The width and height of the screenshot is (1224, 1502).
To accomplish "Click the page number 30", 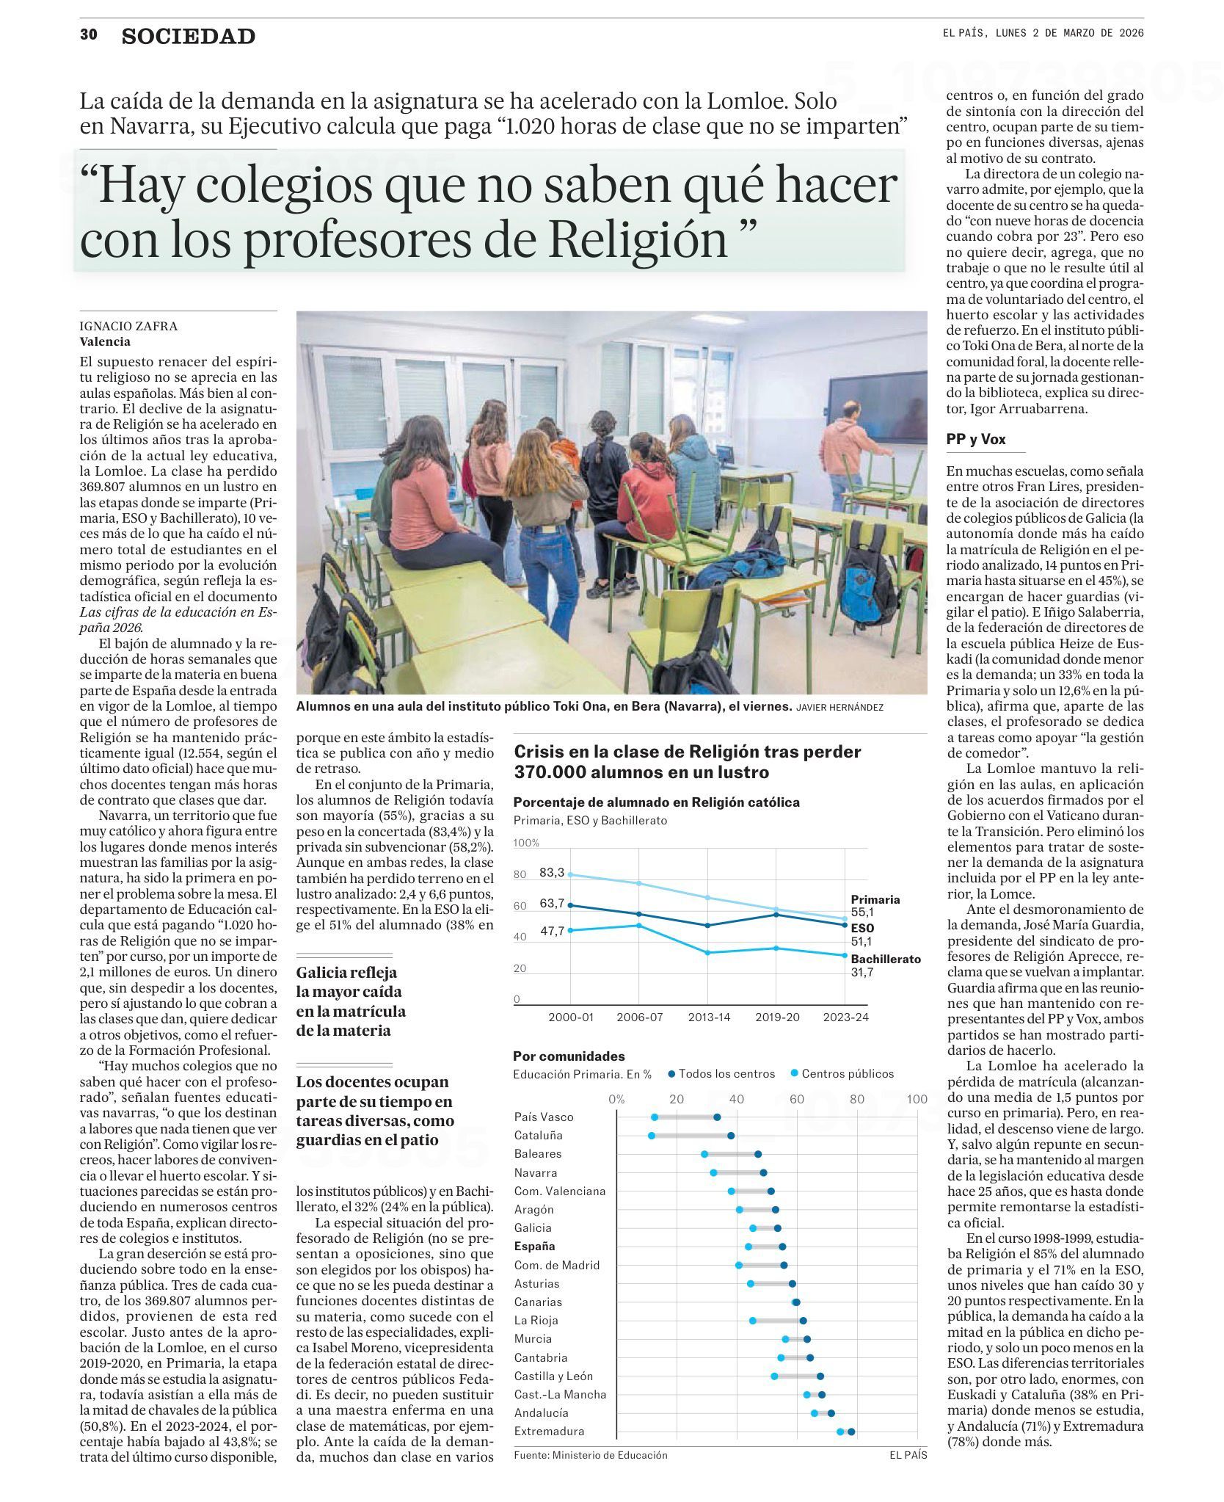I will coord(89,35).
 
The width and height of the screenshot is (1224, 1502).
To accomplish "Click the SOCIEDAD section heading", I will coord(189,37).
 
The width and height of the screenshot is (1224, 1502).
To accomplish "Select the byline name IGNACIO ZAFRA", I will coord(128,326).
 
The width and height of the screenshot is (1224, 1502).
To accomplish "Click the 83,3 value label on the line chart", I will coord(552,872).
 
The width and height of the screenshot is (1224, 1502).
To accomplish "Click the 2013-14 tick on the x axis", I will coord(708,1017).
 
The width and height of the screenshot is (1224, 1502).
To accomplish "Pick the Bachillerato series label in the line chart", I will coord(885,959).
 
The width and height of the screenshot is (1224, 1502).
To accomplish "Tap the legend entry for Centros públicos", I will coord(848,1073).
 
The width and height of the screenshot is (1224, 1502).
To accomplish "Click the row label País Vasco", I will coord(544,1117).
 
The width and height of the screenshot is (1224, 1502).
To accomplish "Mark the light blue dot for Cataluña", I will coord(652,1136).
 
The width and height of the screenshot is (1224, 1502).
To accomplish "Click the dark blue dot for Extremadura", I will coord(851,1431).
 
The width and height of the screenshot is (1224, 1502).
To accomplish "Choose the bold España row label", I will coord(535,1246).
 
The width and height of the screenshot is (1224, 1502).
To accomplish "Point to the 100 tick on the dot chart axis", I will coord(917,1099).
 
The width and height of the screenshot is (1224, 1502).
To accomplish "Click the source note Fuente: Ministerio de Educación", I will coord(591,1454).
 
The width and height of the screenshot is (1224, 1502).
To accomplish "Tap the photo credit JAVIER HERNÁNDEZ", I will coord(839,707).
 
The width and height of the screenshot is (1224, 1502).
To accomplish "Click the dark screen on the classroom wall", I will coord(878,413).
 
